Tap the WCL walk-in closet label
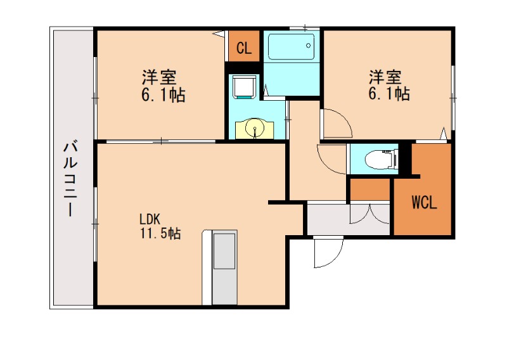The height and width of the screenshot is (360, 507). [423, 203]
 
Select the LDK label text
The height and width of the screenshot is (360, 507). [149, 219]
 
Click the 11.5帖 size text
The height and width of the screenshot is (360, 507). [160, 233]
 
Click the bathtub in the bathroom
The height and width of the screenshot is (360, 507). [291, 46]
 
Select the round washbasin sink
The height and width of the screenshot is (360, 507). [255, 129]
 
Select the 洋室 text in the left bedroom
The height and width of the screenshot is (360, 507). [158, 78]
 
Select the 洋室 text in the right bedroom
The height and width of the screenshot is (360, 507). [385, 78]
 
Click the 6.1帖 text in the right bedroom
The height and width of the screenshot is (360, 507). [389, 94]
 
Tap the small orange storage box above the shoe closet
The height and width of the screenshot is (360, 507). [369, 189]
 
